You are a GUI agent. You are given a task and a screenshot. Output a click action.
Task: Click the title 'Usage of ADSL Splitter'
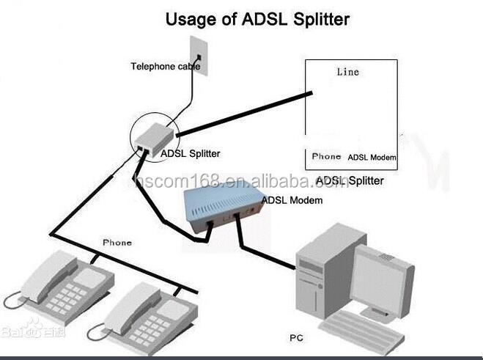point(257,18)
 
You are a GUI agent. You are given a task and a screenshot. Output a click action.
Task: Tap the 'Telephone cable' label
point(165,66)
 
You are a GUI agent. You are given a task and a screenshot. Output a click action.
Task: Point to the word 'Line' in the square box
point(348,72)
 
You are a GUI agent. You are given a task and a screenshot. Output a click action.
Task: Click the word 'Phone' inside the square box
point(326,156)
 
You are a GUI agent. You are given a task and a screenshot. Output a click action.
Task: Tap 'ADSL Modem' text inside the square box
point(372,157)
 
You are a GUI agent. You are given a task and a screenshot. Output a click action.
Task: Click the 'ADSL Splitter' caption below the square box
point(350,180)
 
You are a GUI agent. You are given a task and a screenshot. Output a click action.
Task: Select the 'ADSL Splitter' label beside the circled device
point(190,154)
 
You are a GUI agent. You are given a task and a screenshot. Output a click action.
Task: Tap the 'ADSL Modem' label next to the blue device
point(292,200)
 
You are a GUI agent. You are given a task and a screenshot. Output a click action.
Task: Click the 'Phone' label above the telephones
point(117,242)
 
